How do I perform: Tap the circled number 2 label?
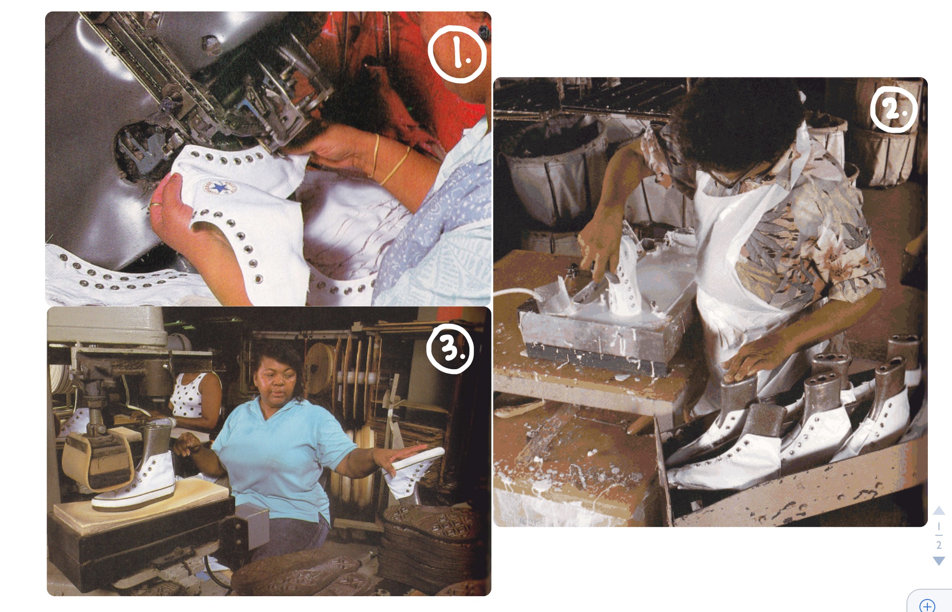(x=893, y=110)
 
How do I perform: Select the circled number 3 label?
(x=450, y=349)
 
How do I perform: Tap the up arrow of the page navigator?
(x=939, y=510)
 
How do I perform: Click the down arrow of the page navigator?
(x=939, y=561)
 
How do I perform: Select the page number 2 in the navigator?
(x=939, y=545)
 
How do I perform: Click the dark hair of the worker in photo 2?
(x=734, y=121)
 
